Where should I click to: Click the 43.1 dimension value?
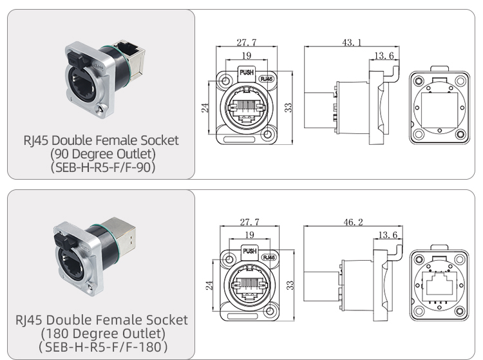click(x=351, y=43)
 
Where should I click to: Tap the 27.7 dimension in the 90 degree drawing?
click(x=247, y=43)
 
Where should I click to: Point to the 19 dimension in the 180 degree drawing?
click(x=248, y=235)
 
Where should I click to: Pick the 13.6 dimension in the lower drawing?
click(x=386, y=235)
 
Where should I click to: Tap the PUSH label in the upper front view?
click(x=247, y=73)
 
